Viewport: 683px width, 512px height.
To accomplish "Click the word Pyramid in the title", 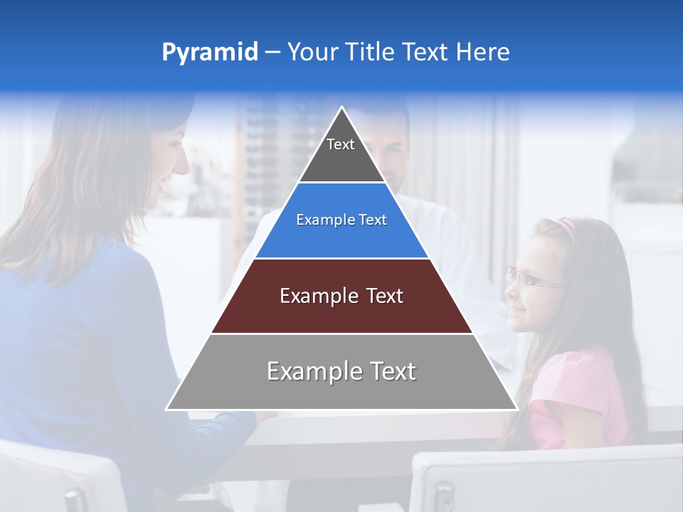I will [x=209, y=53].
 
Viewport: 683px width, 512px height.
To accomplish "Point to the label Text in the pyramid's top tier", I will [x=341, y=144].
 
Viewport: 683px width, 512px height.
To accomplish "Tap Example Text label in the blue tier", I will [x=341, y=220].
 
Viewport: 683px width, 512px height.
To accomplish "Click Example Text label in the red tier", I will [x=341, y=296].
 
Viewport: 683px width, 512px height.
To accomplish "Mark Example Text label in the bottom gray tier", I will [x=341, y=371].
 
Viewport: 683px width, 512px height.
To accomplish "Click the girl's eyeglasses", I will [x=530, y=279].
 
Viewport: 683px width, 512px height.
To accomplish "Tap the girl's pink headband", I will [x=566, y=227].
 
